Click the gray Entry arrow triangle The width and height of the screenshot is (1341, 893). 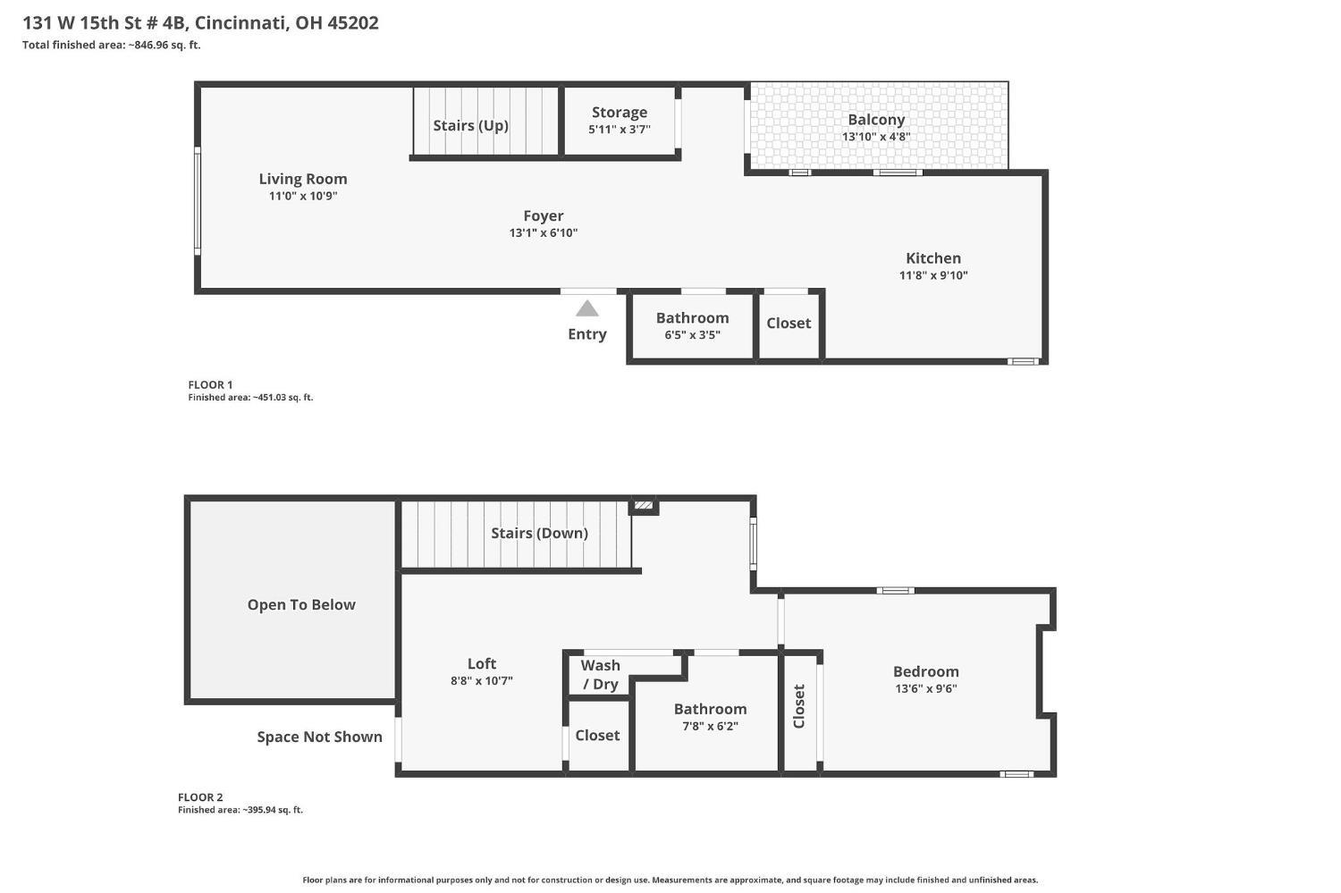[x=586, y=308]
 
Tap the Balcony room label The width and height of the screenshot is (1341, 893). [x=876, y=120]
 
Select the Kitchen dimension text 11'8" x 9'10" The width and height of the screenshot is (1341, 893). [x=933, y=275]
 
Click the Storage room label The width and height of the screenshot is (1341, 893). [x=619, y=113]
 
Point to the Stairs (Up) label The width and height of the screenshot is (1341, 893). [x=470, y=126]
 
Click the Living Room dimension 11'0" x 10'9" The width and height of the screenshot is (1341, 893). [x=303, y=196]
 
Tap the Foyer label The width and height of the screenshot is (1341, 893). [x=543, y=216]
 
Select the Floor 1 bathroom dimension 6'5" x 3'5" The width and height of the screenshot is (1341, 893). [x=692, y=334]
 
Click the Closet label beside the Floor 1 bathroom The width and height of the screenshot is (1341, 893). [x=789, y=324]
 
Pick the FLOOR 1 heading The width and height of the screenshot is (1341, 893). [x=210, y=385]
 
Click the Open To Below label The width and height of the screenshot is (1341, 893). [x=301, y=605]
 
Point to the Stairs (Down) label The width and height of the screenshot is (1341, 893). [x=539, y=534]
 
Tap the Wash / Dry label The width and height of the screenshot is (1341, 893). [x=601, y=675]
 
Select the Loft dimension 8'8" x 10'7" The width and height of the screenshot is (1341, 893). [x=481, y=680]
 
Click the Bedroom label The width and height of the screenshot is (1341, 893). [x=925, y=671]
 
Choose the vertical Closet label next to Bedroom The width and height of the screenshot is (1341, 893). [x=798, y=706]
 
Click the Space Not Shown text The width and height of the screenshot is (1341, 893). [x=319, y=737]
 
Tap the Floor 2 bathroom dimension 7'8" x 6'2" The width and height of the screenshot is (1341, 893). [x=710, y=726]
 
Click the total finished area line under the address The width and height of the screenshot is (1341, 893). [x=112, y=45]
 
